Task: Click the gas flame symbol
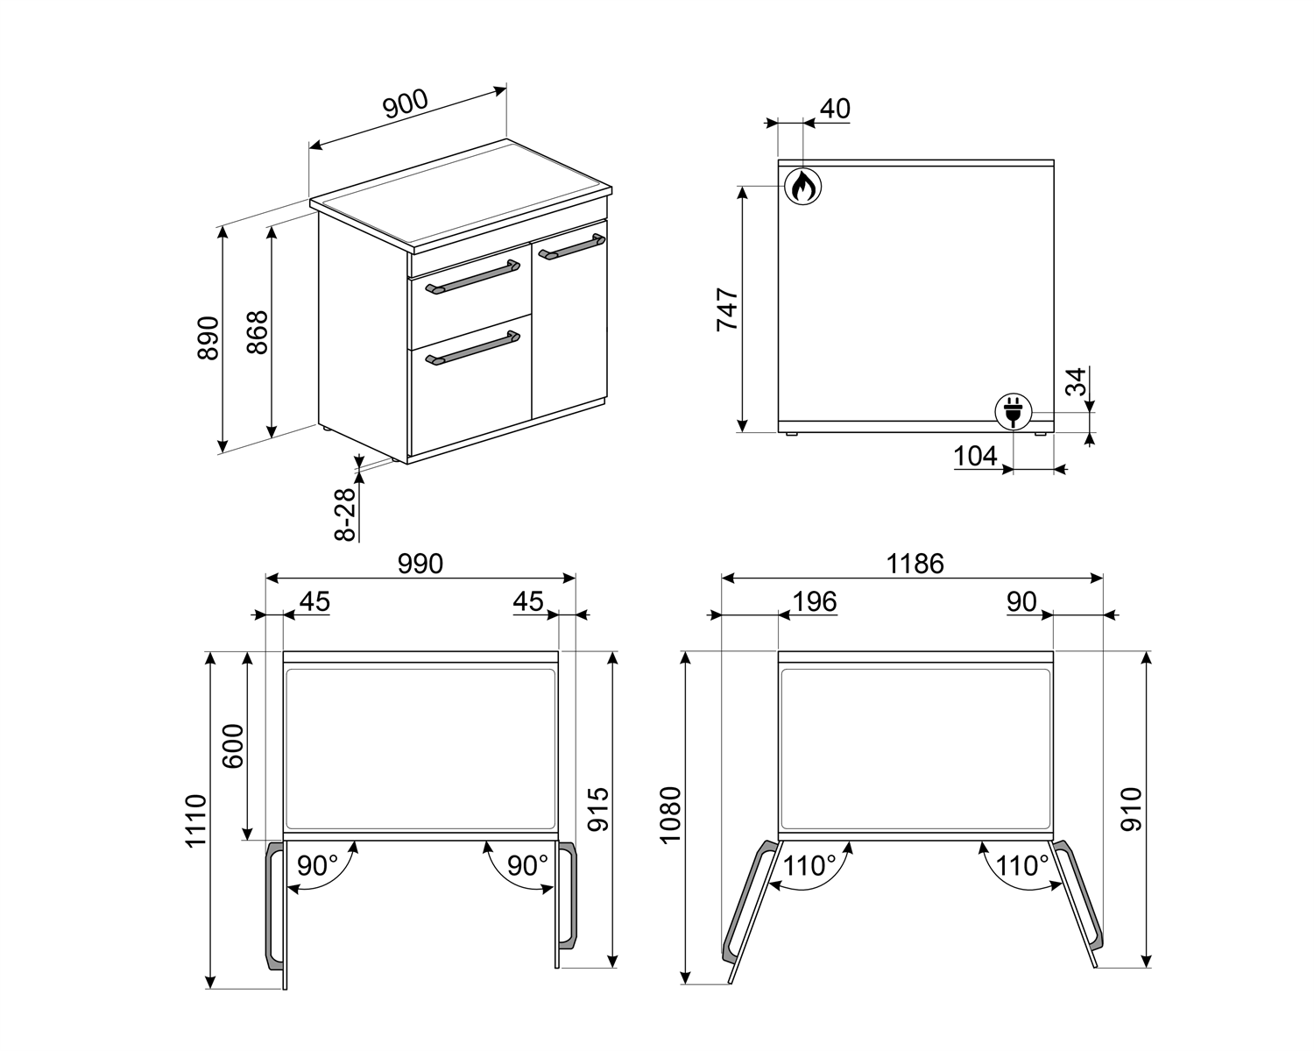coord(803,186)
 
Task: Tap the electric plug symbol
coord(1014,411)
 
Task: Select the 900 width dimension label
coord(405,104)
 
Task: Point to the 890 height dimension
coord(208,337)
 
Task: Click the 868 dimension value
coord(258,332)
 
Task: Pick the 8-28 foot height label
coord(345,514)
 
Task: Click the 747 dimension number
coord(727,309)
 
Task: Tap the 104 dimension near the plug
coord(975,456)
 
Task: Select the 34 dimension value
coord(1077,382)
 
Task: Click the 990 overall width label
coord(420,564)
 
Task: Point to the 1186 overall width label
coord(915,564)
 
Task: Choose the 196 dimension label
coord(815,602)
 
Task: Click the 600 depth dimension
coord(233,746)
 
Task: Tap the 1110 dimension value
coord(196,820)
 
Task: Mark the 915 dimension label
coord(598,810)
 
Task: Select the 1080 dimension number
coord(670,815)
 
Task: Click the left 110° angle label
coord(809,866)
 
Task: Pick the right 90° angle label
coord(527,866)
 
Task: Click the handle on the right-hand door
coord(571,247)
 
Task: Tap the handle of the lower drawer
coord(472,348)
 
